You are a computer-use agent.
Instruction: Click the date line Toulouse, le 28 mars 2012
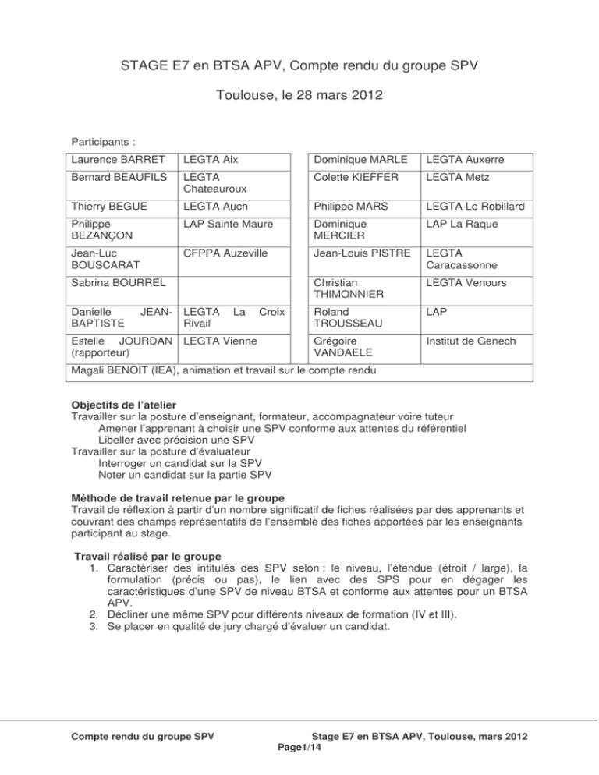[x=299, y=101]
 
